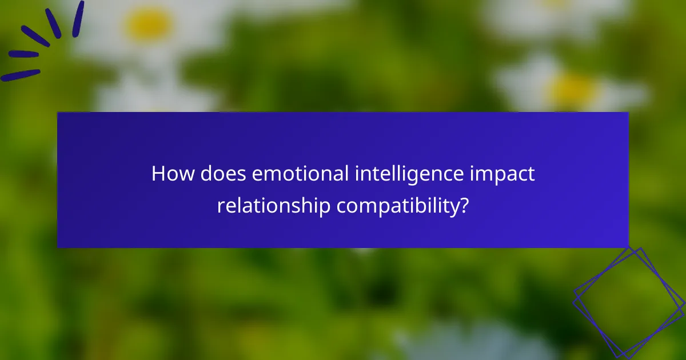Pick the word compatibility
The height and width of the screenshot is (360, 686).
pos(397,206)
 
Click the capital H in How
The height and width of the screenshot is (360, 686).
pos(157,174)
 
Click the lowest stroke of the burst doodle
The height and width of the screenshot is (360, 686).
pos(20,75)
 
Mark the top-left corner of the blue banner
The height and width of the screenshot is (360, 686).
pos(58,113)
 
